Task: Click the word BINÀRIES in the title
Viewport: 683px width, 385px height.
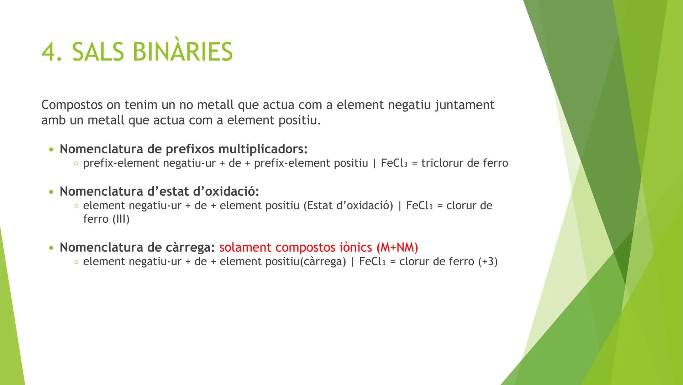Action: tap(183, 52)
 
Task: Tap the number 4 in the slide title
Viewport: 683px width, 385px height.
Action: tap(49, 52)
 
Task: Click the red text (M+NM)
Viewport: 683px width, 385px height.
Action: tap(397, 247)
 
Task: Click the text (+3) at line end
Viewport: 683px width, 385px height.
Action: tap(488, 262)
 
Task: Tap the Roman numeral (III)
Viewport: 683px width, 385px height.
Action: tap(121, 219)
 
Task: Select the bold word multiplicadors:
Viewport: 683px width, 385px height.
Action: tap(263, 149)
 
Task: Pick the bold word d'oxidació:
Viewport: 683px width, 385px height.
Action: tap(226, 191)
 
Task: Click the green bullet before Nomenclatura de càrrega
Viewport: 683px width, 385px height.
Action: tap(52, 248)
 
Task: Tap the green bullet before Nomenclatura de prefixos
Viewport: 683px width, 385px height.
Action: tap(52, 149)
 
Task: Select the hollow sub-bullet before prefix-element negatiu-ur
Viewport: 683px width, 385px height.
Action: tap(75, 164)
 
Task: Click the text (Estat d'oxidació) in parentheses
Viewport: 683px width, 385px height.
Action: tap(348, 206)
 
